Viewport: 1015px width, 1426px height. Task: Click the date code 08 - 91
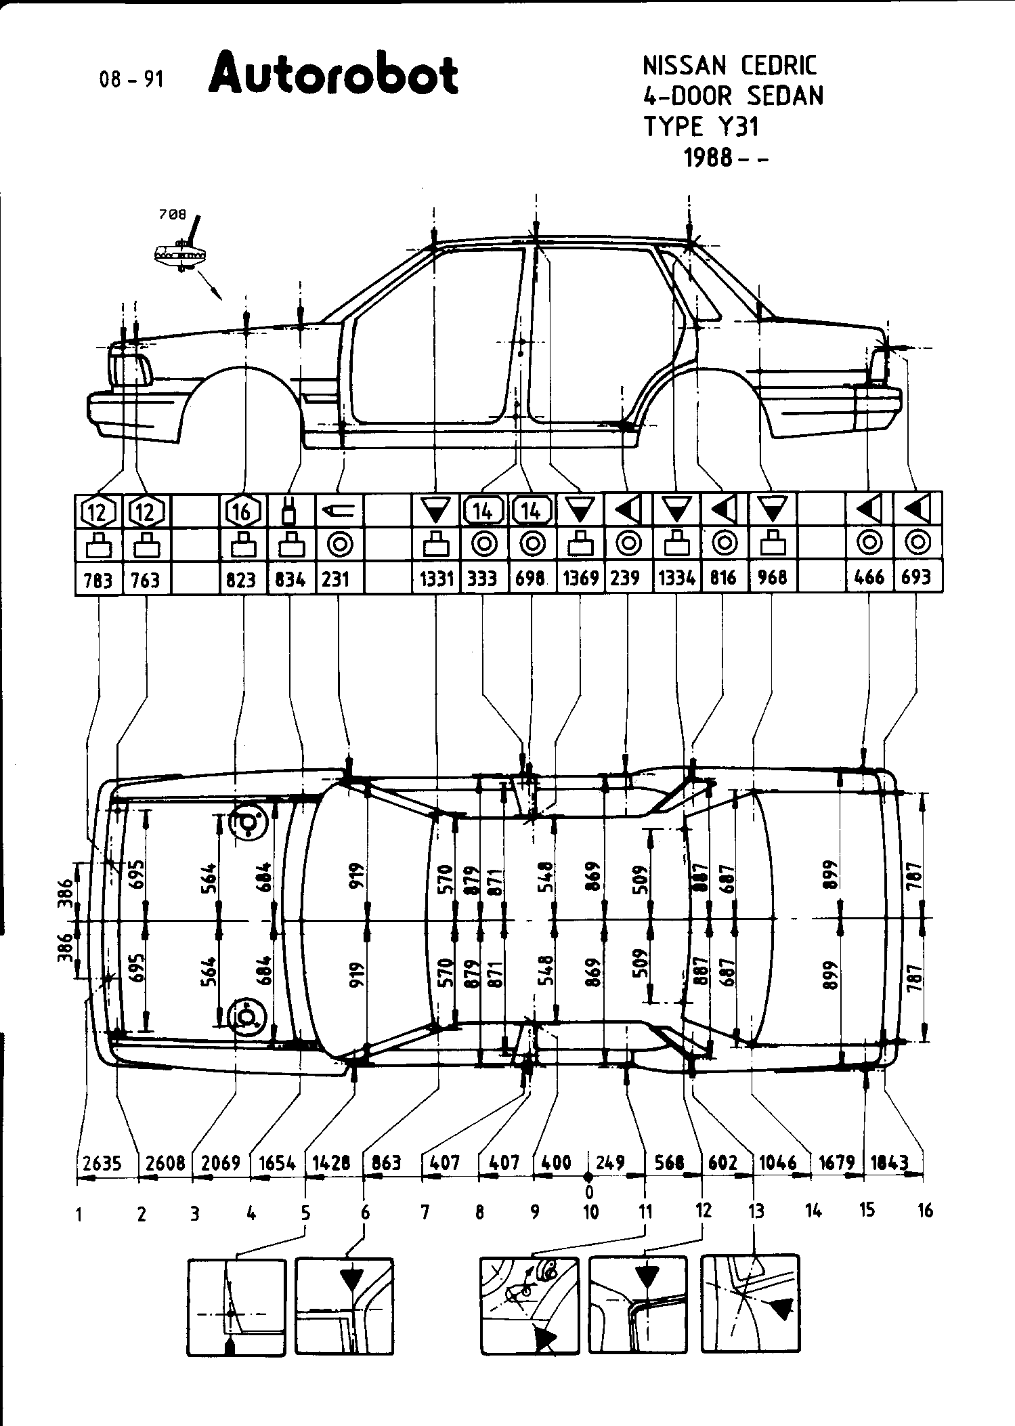pos(131,79)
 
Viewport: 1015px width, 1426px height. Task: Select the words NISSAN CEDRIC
pos(729,66)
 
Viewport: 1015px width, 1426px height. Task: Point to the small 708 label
pos(172,215)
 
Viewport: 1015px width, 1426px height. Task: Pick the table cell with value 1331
pos(436,579)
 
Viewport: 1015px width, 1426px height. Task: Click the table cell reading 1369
pos(580,579)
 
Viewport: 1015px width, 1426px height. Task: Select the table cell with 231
pos(336,579)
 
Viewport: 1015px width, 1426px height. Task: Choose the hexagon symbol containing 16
pos(242,511)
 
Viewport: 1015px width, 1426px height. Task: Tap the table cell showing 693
pos(916,577)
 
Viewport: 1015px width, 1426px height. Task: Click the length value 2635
pos(102,1163)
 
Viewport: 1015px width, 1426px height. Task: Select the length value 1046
pos(777,1162)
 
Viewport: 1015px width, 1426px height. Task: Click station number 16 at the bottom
pos(925,1210)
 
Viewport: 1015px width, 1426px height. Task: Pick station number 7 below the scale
pos(425,1212)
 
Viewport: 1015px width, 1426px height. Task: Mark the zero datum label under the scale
pos(589,1191)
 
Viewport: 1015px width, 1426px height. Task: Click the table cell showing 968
pos(773,577)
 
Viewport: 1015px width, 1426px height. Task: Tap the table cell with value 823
pos(241,580)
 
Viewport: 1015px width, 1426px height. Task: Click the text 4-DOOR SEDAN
pos(733,96)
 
